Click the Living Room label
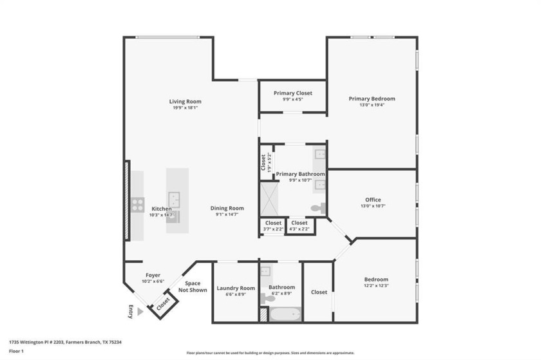[185, 101]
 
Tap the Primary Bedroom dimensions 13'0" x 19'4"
[372, 106]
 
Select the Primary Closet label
[292, 93]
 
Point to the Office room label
[373, 200]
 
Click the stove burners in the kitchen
[138, 205]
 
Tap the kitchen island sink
[174, 200]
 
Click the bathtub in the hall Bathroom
[284, 314]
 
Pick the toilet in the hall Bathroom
[267, 298]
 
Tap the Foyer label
[153, 275]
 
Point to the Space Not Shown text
[193, 287]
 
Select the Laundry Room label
[236, 288]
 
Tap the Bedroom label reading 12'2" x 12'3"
[375, 285]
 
